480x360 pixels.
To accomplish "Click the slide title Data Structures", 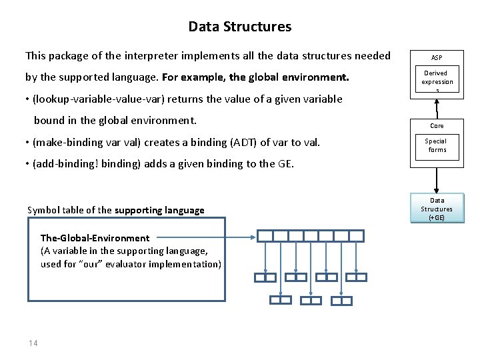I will (x=239, y=27).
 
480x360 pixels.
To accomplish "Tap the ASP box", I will (x=437, y=58).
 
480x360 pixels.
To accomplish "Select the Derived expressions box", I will (x=437, y=81).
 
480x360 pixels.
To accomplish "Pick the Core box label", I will (x=437, y=125).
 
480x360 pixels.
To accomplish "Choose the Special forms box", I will (x=437, y=145).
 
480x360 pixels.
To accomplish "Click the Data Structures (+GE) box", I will (x=437, y=209).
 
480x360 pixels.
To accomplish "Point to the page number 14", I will (x=33, y=343).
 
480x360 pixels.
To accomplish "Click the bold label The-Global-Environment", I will (x=95, y=238).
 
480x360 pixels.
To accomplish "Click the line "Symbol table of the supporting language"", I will (x=116, y=210).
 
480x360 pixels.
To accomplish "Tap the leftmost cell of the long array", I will (x=265, y=236).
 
